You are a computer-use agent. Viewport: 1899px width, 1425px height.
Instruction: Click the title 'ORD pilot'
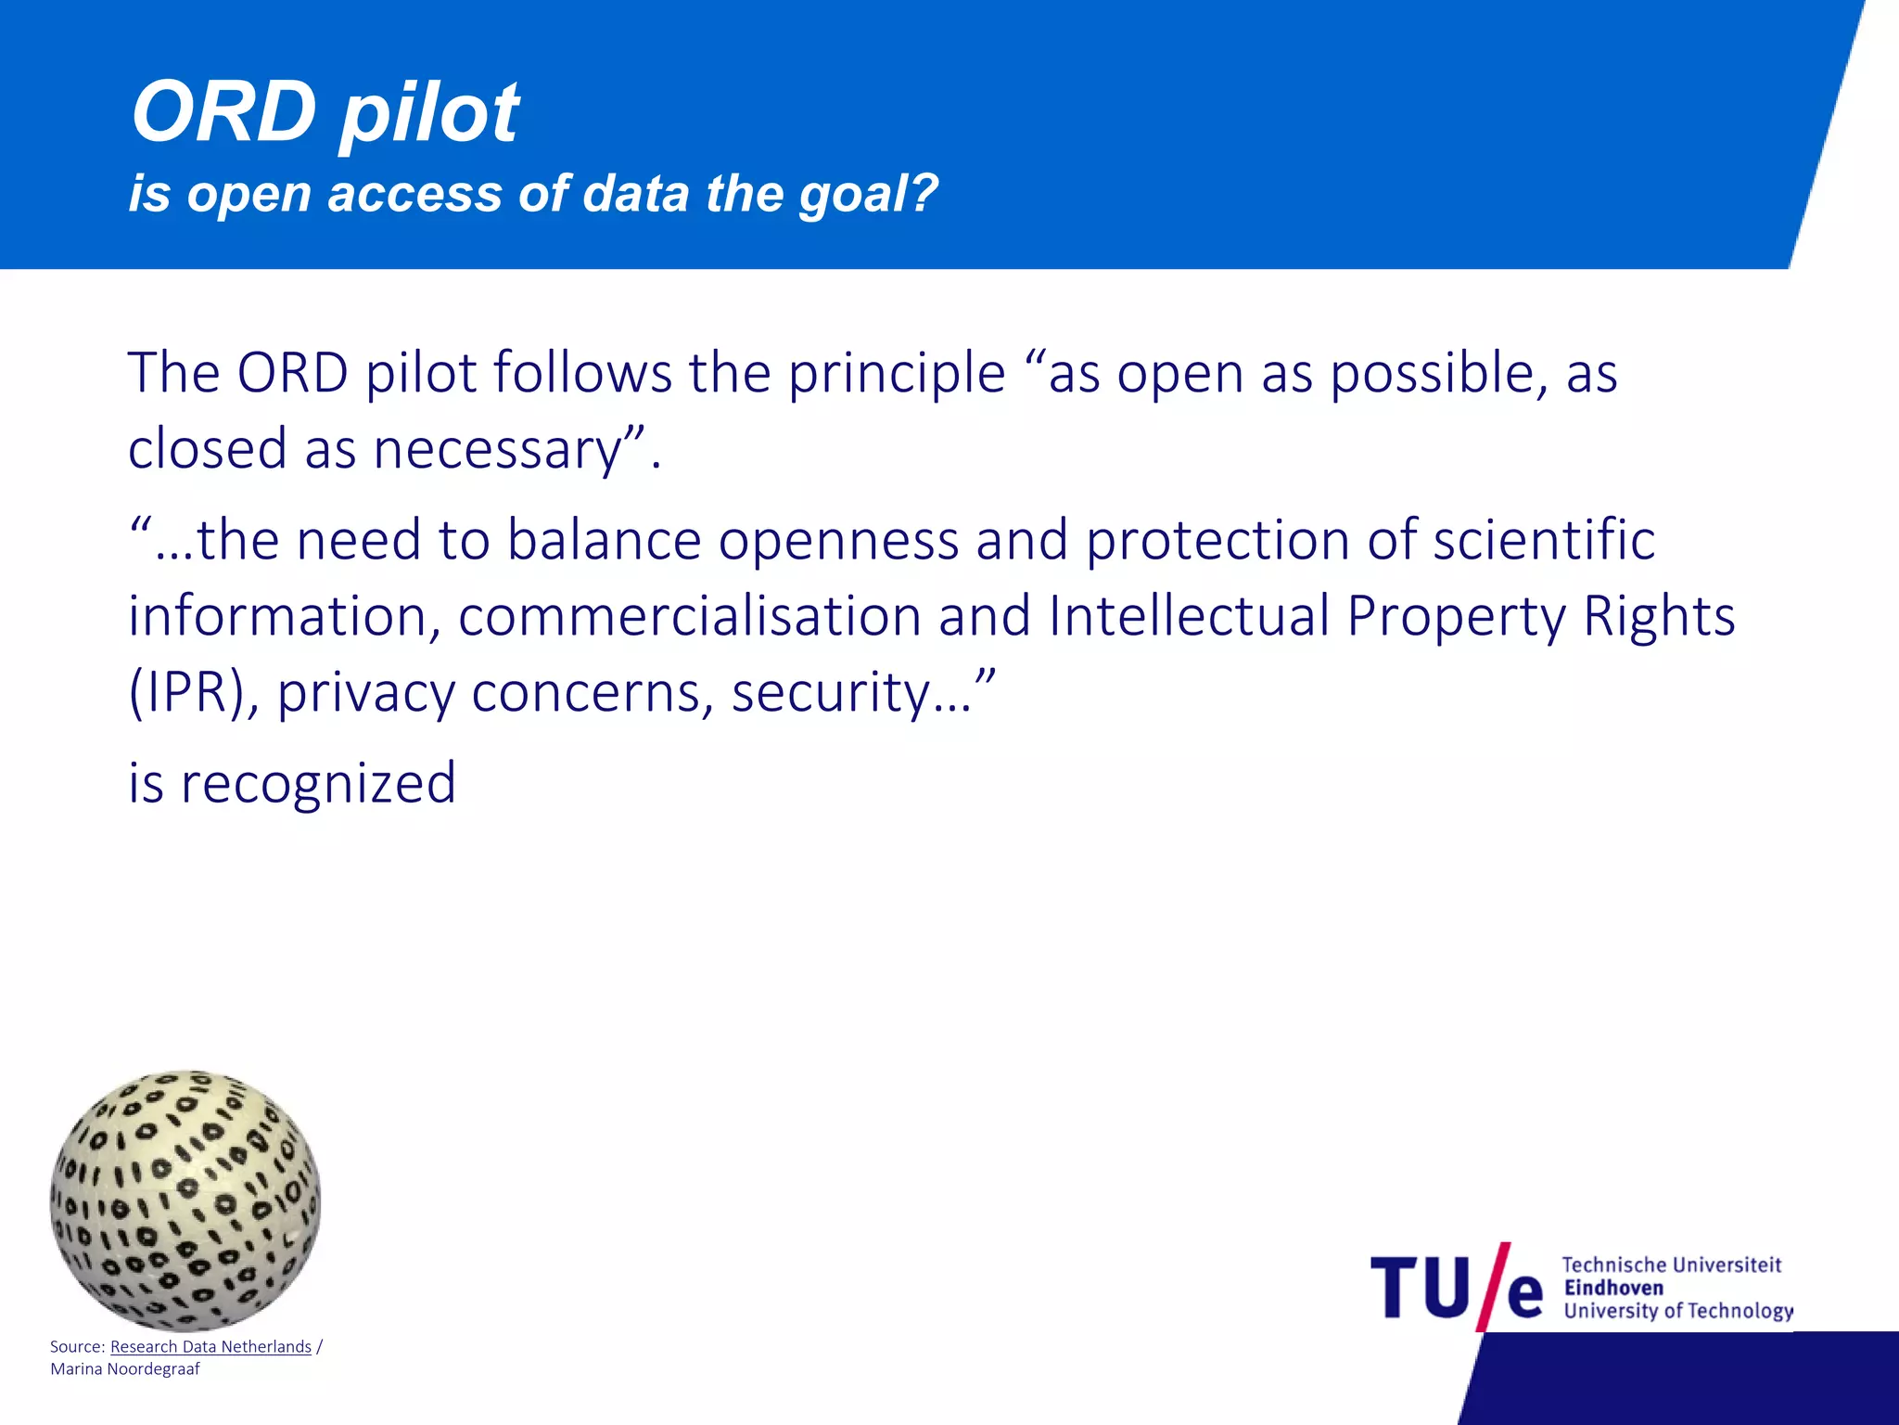click(325, 113)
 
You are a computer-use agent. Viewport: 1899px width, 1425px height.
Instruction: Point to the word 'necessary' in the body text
click(497, 450)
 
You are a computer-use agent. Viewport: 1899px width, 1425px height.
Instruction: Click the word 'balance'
click(604, 540)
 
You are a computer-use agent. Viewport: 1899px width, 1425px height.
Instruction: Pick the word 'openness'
click(838, 540)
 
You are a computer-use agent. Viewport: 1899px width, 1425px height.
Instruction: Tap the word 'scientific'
click(1544, 540)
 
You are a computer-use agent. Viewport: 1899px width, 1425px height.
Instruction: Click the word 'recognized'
click(317, 783)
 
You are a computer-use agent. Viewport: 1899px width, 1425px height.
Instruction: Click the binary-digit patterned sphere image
click(185, 1200)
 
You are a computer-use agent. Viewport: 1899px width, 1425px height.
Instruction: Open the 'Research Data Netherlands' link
click(210, 1346)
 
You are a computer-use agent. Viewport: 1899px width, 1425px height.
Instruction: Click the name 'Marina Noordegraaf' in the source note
click(125, 1369)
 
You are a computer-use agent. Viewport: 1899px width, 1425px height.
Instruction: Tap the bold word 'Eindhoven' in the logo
click(1613, 1288)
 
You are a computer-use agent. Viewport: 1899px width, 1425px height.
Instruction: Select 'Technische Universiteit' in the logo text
click(1671, 1265)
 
